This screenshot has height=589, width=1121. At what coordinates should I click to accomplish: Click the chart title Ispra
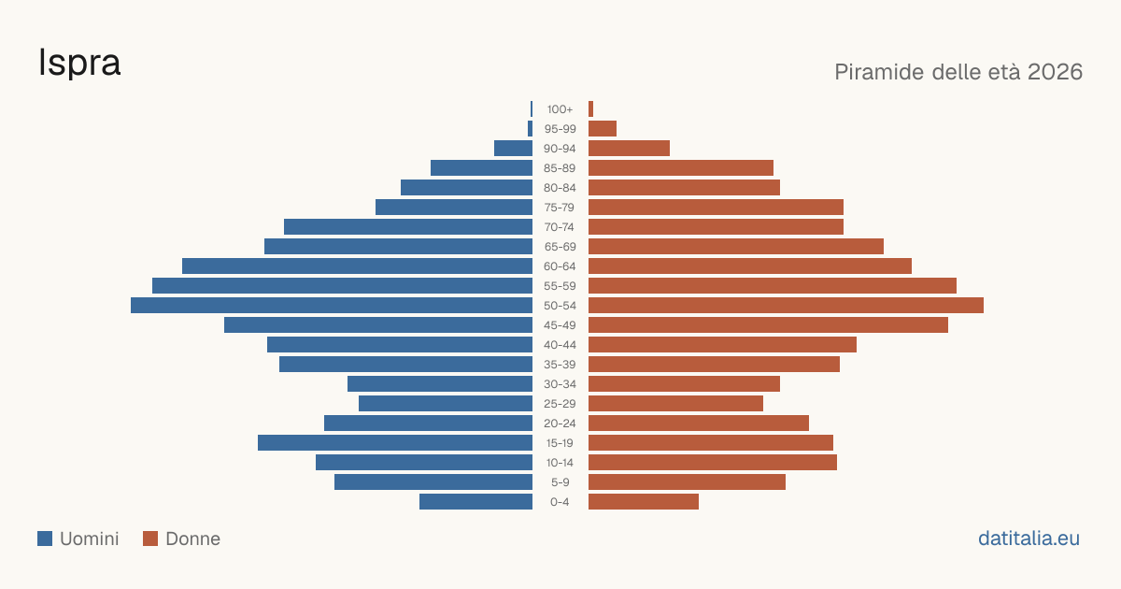(x=79, y=63)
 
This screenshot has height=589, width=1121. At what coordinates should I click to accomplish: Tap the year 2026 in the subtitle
(x=1055, y=72)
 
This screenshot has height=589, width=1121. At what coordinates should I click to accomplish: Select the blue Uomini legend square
(x=45, y=539)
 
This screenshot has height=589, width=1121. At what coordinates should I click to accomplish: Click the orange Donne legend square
(x=150, y=539)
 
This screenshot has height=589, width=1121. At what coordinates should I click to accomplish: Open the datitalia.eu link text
(x=1029, y=539)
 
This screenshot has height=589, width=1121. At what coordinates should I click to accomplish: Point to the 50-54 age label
(x=560, y=306)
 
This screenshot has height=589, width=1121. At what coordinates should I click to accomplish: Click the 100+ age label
(x=560, y=109)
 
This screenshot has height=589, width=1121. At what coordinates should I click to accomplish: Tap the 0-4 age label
(x=560, y=502)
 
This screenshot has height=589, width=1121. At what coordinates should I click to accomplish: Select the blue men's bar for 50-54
(x=332, y=306)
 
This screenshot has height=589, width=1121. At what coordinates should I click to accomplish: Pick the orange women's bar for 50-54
(x=786, y=306)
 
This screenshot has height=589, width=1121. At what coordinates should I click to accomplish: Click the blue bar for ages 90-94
(x=513, y=149)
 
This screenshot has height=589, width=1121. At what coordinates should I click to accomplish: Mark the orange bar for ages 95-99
(x=603, y=129)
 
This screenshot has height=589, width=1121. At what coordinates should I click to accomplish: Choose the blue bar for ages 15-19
(x=395, y=443)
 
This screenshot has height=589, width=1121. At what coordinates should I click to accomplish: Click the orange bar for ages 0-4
(x=644, y=502)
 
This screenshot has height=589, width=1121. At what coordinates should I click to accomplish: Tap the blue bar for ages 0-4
(x=475, y=502)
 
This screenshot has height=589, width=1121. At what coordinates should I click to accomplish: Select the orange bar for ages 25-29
(x=675, y=404)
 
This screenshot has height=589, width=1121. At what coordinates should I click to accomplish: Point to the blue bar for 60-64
(x=357, y=266)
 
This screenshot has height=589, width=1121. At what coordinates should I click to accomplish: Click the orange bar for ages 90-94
(x=629, y=149)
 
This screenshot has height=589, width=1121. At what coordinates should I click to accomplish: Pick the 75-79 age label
(x=560, y=208)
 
